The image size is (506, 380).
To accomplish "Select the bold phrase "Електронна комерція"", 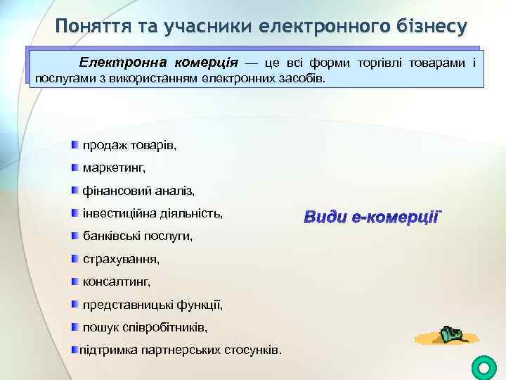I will (158, 63).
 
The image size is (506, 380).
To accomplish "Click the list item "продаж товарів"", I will (130, 146).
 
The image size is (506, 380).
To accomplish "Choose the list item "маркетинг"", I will (114, 168).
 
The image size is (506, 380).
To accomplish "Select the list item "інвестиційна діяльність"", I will (153, 213).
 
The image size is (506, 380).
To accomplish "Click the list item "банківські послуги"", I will (138, 236).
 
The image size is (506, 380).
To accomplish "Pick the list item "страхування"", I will (121, 259).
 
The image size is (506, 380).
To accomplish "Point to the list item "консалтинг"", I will (117, 281).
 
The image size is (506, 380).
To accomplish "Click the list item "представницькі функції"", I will (153, 305).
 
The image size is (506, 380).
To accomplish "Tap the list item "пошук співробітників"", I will (145, 327).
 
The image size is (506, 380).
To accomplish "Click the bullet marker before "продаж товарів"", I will (74, 145).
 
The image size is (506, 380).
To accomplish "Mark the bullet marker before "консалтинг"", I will (74, 281).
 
